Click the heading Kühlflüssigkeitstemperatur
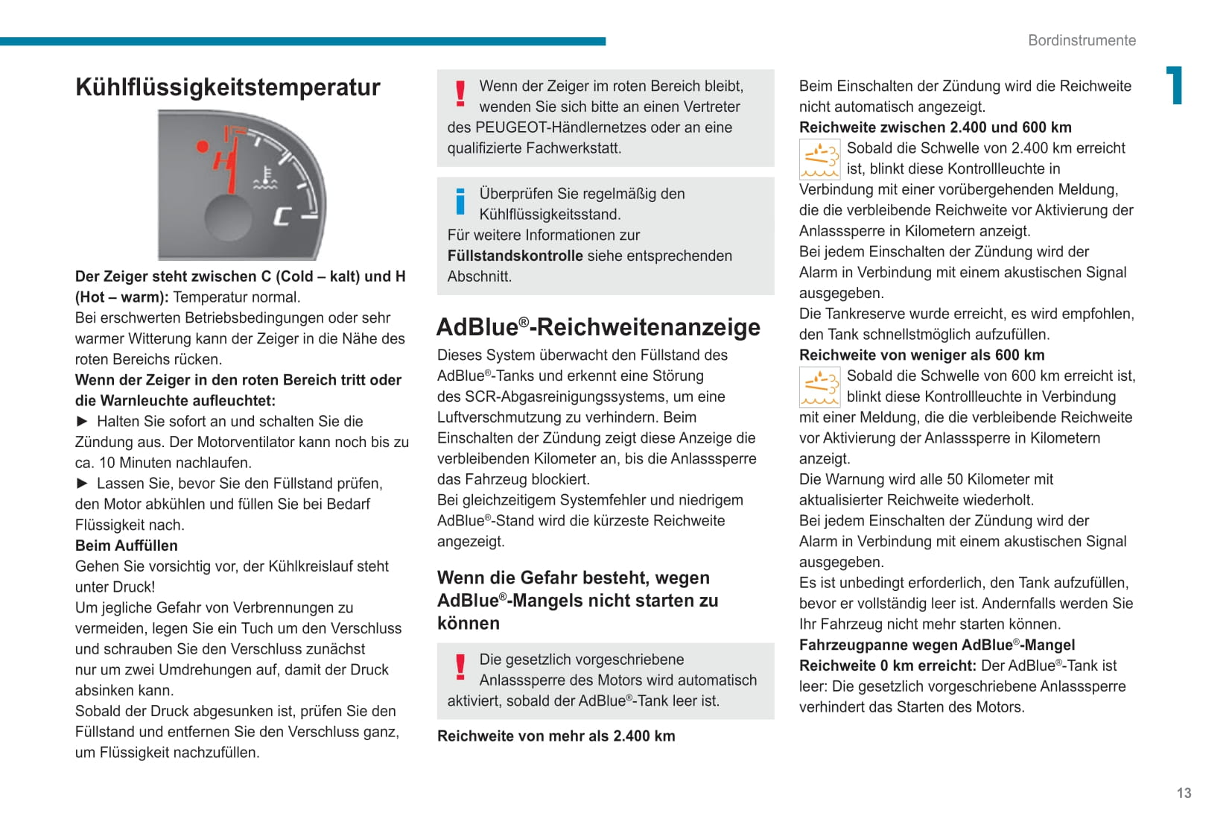[x=228, y=87]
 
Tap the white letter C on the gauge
[x=282, y=216]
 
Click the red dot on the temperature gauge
[x=202, y=146]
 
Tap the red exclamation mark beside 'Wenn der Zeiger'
[x=460, y=94]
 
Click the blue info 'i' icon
[x=460, y=201]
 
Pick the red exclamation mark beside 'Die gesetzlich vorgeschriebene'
[x=460, y=667]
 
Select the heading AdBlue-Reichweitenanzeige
[x=598, y=327]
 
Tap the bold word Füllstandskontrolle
[x=515, y=256]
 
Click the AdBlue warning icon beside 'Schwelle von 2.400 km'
[x=819, y=159]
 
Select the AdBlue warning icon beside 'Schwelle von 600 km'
[x=819, y=387]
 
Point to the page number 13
[x=1184, y=793]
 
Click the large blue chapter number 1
[x=1174, y=86]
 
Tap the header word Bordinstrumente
[x=1082, y=40]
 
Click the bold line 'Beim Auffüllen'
[x=127, y=546]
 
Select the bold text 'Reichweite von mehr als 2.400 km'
[x=556, y=736]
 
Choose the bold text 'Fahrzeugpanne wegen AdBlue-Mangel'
[x=936, y=645]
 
